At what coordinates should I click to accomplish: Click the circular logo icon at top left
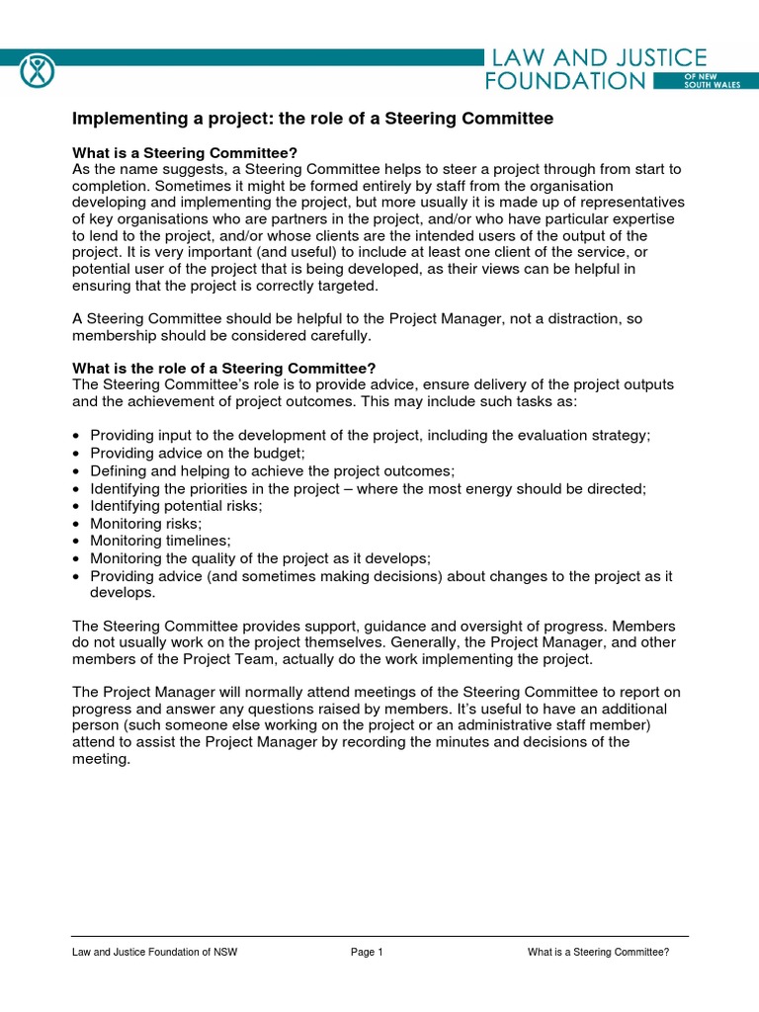point(37,70)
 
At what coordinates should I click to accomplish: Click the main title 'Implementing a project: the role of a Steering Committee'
point(312,119)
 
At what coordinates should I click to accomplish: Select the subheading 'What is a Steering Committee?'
point(185,153)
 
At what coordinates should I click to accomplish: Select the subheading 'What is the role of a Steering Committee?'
point(224,369)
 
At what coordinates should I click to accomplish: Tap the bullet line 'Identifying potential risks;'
point(177,506)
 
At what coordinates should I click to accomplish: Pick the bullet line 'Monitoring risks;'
point(145,523)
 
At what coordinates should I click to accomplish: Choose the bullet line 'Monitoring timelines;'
point(160,541)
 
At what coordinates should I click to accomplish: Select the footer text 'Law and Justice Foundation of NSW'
point(154,953)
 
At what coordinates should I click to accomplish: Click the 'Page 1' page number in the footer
point(366,953)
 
